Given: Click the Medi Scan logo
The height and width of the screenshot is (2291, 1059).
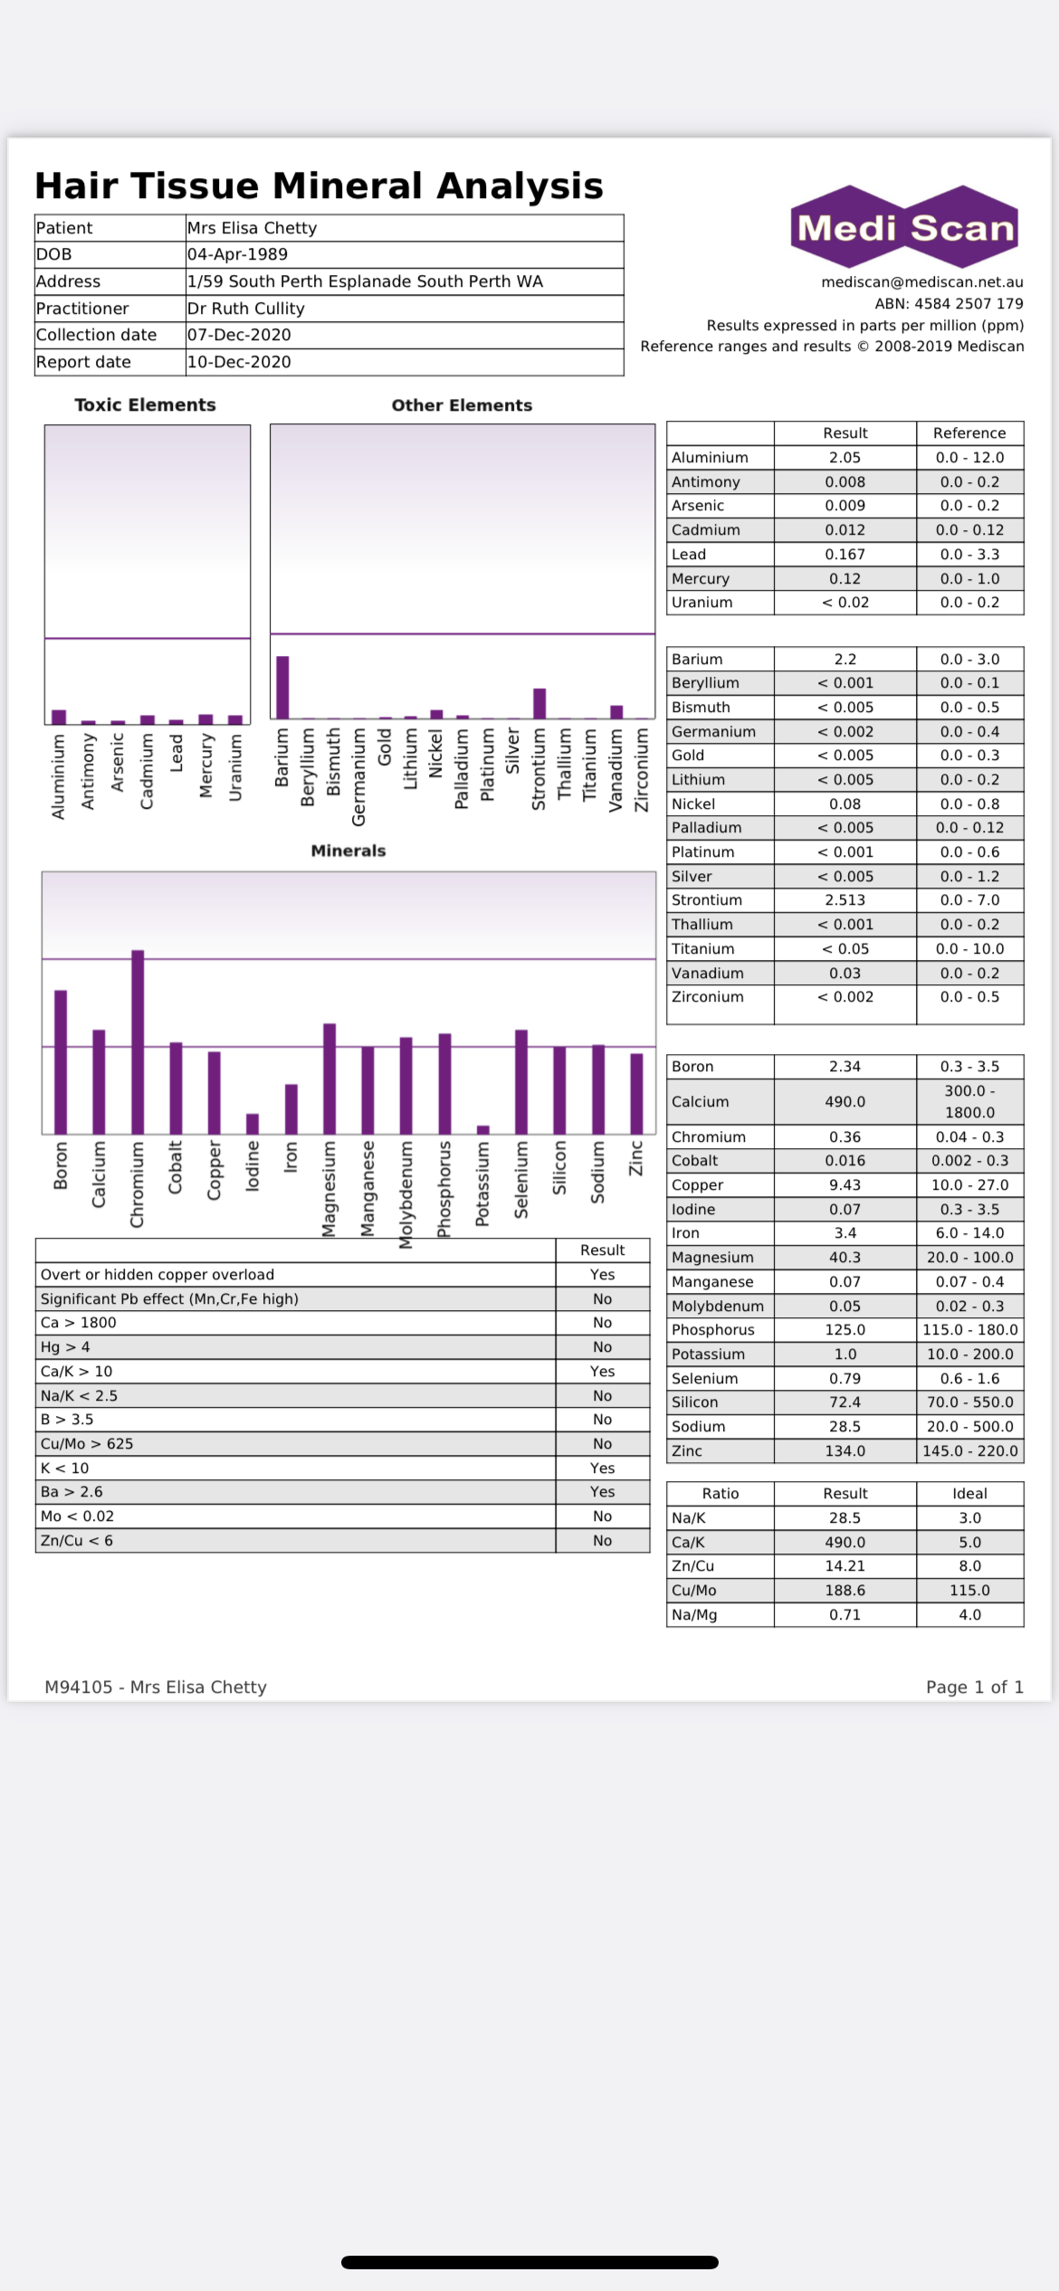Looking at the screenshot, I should (905, 226).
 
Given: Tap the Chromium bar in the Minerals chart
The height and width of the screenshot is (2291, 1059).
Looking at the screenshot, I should (138, 1041).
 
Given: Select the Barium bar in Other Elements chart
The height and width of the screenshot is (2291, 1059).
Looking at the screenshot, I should (282, 687).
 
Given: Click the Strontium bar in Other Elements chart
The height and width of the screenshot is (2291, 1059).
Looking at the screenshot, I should (539, 703).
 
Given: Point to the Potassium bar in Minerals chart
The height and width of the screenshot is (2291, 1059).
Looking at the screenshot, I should (483, 1129).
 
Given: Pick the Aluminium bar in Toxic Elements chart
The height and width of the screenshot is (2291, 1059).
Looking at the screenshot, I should (59, 717).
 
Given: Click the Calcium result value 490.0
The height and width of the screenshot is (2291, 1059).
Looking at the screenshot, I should (844, 1101).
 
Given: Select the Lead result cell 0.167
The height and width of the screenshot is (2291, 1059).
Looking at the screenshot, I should (844, 554).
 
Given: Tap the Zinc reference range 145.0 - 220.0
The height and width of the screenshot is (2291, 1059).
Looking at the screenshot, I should (969, 1450).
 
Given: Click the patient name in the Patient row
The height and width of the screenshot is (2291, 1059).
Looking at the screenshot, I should (252, 228).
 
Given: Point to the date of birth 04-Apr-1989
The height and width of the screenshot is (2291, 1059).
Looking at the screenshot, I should (237, 254).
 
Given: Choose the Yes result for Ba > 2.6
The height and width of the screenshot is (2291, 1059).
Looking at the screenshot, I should (602, 1491).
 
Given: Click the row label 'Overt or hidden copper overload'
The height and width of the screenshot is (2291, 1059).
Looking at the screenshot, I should (157, 1274).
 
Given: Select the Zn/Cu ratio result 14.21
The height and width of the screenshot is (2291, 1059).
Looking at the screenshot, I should (844, 1565).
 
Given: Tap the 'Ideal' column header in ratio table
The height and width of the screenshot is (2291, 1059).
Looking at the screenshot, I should (969, 1493).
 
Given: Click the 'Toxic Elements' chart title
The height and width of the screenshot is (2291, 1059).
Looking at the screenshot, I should (145, 404).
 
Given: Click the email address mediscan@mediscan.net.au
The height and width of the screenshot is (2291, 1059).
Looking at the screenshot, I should (921, 281).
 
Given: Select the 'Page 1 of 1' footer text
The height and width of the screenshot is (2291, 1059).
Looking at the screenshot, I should (974, 1687).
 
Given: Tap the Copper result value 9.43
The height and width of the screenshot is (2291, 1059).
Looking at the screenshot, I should (844, 1184).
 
